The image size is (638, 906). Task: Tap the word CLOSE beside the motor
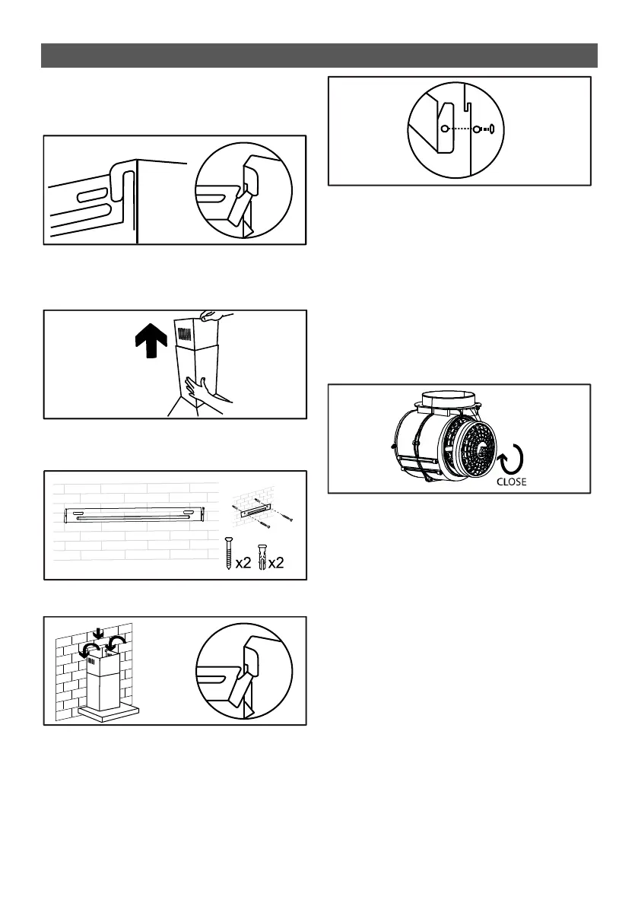(x=511, y=482)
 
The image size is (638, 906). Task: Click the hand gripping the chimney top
(x=212, y=315)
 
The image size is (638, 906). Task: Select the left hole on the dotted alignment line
(x=445, y=129)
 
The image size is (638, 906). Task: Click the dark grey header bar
(x=319, y=56)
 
